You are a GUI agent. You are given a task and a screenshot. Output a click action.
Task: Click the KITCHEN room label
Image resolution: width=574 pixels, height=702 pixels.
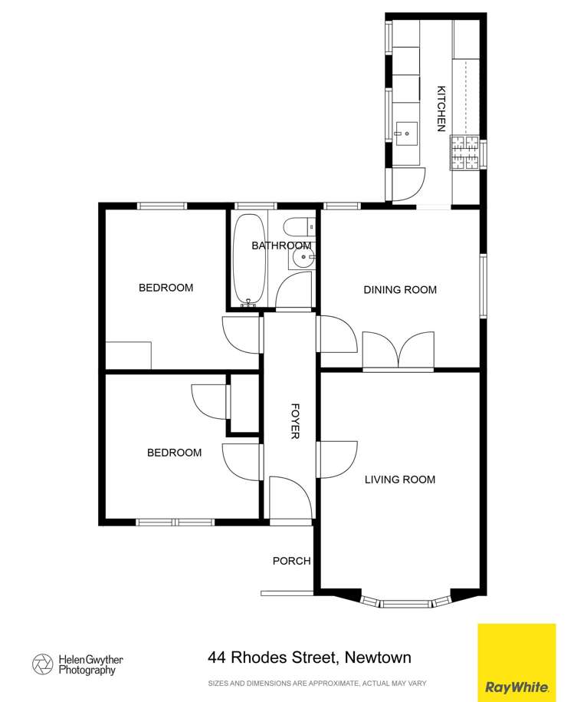441,109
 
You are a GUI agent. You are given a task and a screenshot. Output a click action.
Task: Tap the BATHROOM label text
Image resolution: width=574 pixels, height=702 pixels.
281,246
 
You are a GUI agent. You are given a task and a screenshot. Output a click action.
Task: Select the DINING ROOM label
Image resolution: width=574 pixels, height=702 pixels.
400,289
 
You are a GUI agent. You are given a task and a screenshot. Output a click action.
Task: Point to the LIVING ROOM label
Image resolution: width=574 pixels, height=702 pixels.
399,480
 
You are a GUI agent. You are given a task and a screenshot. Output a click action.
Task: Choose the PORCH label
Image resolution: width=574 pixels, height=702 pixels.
291,561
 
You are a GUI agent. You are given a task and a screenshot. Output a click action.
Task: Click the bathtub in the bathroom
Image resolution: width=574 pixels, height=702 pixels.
250,259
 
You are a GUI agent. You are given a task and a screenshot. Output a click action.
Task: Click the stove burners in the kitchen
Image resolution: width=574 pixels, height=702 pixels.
464,152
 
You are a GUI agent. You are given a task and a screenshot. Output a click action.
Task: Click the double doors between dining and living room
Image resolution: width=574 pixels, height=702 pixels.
398,351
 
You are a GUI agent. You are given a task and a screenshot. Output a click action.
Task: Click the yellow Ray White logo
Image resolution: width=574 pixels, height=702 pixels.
516,662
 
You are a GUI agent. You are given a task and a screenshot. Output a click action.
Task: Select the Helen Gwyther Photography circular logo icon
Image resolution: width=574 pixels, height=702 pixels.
42,664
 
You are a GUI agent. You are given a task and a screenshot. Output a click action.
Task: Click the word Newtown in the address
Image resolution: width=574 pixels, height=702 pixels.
378,658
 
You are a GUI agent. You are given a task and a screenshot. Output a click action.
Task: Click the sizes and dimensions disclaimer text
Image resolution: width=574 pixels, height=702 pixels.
317,683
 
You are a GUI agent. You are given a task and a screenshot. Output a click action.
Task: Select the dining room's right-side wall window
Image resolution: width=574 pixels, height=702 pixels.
483,285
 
